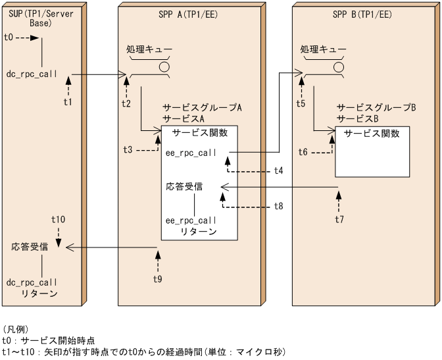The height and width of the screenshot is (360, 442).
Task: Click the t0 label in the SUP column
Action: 9,38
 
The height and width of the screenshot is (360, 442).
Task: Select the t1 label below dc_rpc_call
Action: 68,102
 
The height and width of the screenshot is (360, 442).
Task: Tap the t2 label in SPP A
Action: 126,103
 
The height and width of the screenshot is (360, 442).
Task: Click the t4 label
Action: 279,170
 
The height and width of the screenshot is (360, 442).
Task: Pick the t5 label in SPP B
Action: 300,103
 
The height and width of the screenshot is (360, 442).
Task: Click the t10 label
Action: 58,219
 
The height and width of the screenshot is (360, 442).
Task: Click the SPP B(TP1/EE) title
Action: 362,14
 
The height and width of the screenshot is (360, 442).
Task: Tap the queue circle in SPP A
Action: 164,66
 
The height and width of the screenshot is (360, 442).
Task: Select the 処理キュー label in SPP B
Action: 322,49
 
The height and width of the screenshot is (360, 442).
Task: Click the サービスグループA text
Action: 202,107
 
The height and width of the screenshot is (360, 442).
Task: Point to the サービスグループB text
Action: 376,107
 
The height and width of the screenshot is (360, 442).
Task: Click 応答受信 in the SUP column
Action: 30,247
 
